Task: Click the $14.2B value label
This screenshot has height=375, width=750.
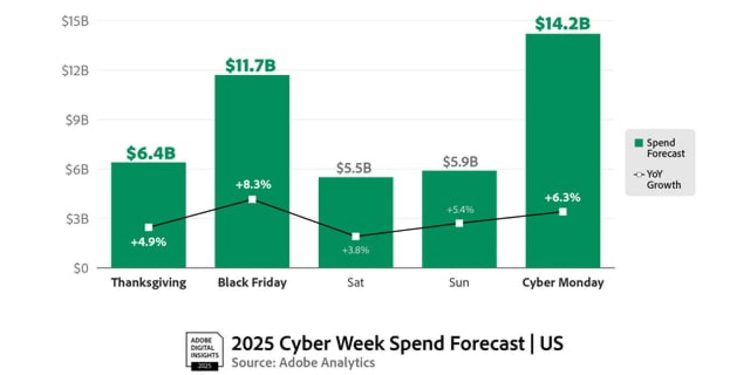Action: [562, 24]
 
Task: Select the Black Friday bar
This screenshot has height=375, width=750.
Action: [252, 134]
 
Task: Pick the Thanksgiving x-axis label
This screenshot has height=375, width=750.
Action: [148, 283]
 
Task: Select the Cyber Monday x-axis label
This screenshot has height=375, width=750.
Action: [562, 283]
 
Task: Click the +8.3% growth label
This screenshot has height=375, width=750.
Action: [253, 185]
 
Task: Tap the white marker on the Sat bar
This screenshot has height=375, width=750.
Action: [356, 236]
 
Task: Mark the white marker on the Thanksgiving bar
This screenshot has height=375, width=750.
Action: [148, 228]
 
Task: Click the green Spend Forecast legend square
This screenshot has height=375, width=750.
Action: [638, 143]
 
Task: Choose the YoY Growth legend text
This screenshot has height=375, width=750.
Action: [664, 180]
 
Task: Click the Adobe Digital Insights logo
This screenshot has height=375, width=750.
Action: [202, 350]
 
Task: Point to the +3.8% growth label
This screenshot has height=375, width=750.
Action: [356, 250]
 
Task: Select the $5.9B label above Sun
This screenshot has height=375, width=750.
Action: [460, 162]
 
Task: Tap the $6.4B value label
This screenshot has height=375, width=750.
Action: [151, 153]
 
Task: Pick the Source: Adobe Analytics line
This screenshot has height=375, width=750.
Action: [303, 363]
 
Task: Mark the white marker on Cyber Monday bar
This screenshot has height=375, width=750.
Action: [562, 212]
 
